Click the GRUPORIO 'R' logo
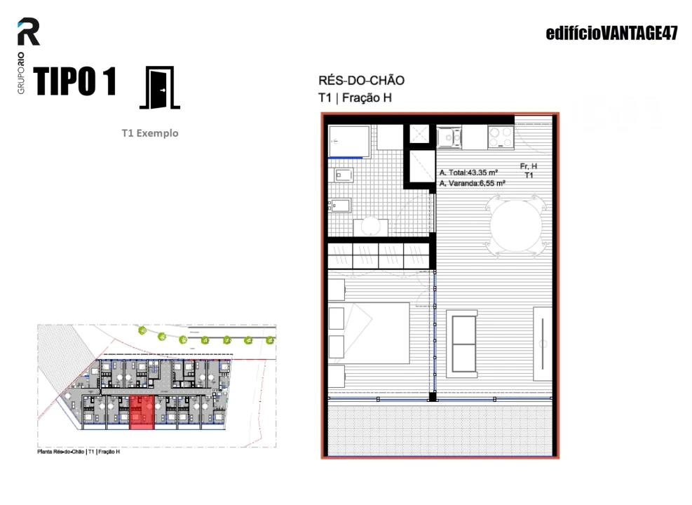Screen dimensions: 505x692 click(29, 32)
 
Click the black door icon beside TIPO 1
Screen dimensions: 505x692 click(161, 88)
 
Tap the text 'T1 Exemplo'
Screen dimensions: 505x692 click(149, 133)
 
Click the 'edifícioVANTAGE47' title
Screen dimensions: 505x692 click(611, 34)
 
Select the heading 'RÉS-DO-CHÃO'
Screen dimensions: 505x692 click(361, 81)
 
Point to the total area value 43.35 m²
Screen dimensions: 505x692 click(482, 172)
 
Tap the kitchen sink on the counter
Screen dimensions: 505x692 click(449, 137)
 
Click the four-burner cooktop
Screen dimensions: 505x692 click(501, 137)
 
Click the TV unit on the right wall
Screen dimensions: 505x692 click(543, 343)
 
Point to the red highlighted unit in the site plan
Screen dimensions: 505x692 click(141, 412)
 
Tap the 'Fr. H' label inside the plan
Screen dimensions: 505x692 click(529, 166)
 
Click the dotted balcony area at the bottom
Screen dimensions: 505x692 click(440, 431)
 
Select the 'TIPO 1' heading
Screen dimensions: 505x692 click(74, 82)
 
